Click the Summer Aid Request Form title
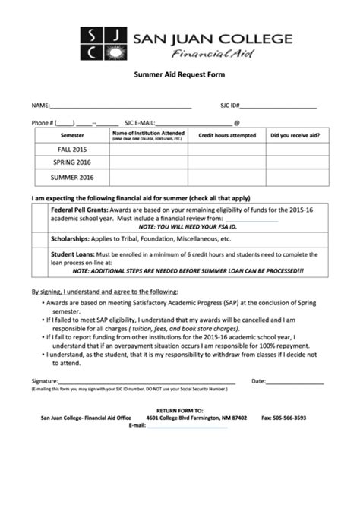[x=180, y=77]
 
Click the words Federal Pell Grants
[x=79, y=207]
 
